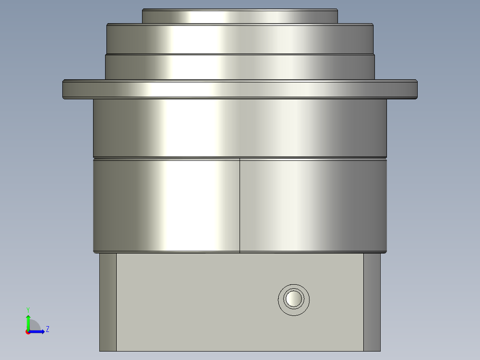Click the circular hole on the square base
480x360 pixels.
tap(293, 299)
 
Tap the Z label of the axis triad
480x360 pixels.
tap(47, 329)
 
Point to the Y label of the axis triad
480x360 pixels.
tap(28, 309)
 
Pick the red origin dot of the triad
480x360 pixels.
tap(28, 332)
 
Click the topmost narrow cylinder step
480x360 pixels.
tap(240, 16)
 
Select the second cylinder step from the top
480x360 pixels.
tap(240, 39)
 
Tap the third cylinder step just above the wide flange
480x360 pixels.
tap(240, 67)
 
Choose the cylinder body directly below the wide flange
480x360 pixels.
tap(240, 127)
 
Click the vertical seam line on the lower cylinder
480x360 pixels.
tap(240, 205)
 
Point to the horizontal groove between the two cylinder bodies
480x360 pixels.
tap(240, 158)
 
